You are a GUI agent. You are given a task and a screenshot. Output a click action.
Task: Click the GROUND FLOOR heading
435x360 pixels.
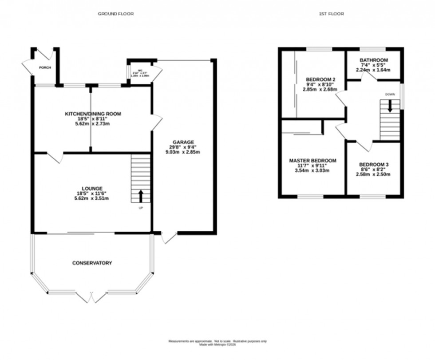[115, 14]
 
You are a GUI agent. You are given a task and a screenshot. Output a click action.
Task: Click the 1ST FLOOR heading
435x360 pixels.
[331, 14]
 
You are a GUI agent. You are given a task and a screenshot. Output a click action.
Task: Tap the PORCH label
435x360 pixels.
[45, 67]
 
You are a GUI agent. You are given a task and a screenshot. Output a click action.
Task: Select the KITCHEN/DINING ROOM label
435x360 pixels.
[93, 114]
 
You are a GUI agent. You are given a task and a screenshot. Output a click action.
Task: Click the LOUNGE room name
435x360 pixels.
[92, 188]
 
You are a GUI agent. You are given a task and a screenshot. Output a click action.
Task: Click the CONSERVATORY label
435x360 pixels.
[92, 263]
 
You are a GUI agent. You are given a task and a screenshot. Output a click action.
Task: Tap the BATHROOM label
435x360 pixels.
[374, 60]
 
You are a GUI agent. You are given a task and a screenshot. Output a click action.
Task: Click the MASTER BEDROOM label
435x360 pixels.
[312, 160]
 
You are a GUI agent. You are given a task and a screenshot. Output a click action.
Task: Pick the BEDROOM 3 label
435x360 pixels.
[374, 165]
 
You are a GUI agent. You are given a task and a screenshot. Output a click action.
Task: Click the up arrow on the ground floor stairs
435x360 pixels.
[141, 195]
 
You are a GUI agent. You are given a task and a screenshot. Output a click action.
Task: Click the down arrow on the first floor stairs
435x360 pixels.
[390, 107]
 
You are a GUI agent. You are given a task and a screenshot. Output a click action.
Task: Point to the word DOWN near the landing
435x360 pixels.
[390, 94]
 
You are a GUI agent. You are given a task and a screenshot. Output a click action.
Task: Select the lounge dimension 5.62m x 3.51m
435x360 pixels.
[92, 198]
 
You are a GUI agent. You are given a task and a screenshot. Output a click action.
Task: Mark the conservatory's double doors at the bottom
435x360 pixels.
[92, 297]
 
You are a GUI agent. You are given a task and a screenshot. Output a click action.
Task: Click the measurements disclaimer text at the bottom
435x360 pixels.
[217, 342]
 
